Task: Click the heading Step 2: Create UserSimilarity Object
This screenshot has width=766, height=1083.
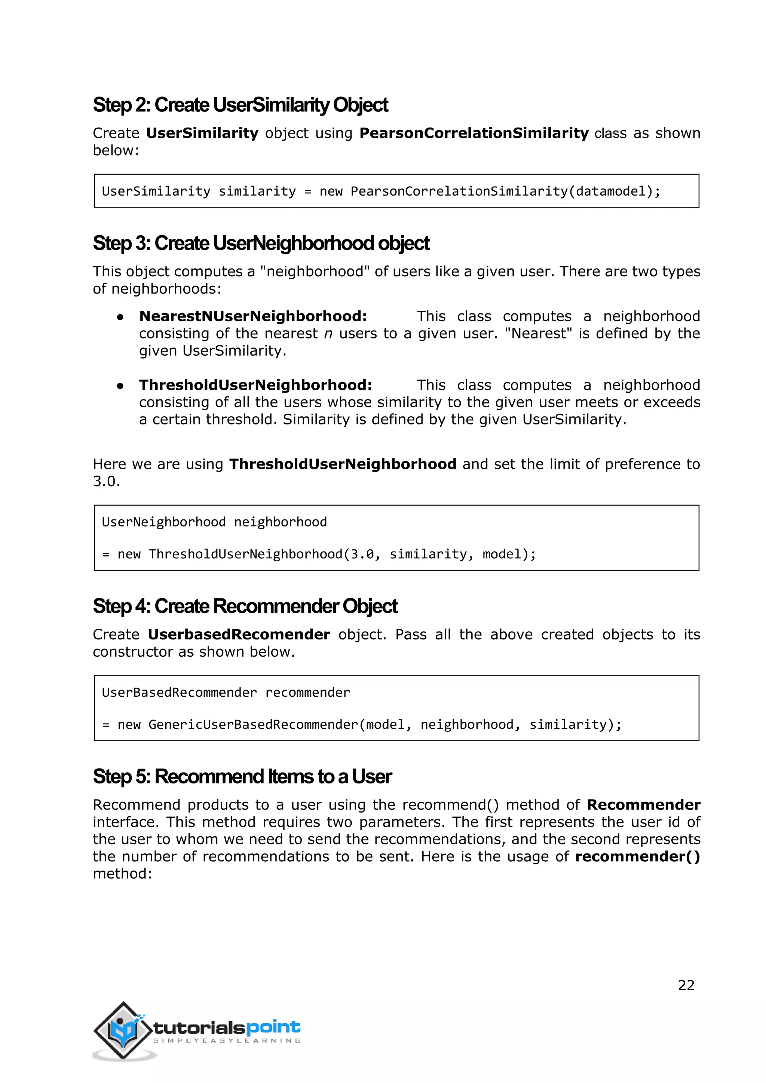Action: pyautogui.click(x=240, y=105)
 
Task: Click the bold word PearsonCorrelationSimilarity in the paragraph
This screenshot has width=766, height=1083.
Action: pyautogui.click(x=474, y=133)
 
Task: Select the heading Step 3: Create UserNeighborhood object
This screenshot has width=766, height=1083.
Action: pyautogui.click(x=261, y=243)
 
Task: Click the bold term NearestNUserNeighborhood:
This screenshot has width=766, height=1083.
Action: pyautogui.click(x=253, y=316)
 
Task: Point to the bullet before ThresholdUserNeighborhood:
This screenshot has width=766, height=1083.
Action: pyautogui.click(x=120, y=386)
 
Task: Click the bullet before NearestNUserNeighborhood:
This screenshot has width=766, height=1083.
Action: pyautogui.click(x=120, y=317)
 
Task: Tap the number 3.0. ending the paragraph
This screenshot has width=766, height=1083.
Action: pyautogui.click(x=106, y=482)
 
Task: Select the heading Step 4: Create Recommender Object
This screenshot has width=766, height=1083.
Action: pyautogui.click(x=245, y=606)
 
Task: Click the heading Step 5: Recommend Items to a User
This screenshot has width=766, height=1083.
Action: pyautogui.click(x=242, y=776)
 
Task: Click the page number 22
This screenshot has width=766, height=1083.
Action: pyautogui.click(x=686, y=985)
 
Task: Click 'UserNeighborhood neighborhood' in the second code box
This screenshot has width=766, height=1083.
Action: pyautogui.click(x=214, y=522)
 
